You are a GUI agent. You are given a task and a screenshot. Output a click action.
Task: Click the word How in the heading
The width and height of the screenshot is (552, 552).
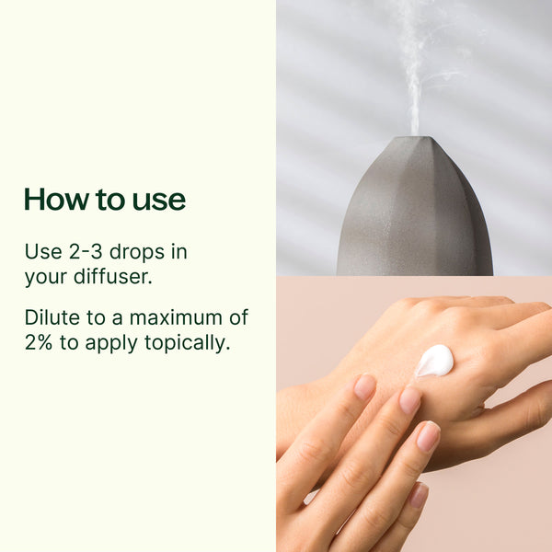[56, 200]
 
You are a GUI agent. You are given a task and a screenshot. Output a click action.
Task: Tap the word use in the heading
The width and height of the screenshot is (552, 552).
[159, 201]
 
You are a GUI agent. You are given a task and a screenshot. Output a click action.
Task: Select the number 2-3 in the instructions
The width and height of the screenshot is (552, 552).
[86, 252]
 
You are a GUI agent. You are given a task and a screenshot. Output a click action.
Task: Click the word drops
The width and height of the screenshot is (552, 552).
[137, 252]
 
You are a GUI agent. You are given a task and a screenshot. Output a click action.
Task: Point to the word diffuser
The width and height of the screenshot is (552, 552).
[113, 276]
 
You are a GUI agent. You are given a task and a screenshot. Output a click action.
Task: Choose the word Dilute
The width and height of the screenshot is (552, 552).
[52, 317]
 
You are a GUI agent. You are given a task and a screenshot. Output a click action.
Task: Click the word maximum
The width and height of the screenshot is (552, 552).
[176, 318]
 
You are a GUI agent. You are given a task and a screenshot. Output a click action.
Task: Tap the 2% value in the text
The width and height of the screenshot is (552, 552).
[39, 342]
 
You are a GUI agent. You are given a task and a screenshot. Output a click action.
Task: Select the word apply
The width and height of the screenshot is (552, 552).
[111, 343]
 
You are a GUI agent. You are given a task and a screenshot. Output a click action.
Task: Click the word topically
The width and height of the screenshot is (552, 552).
[188, 343]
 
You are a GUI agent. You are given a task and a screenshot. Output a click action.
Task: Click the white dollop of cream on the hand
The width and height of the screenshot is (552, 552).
[434, 361]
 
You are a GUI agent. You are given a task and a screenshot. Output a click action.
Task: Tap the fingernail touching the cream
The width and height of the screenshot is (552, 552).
[410, 400]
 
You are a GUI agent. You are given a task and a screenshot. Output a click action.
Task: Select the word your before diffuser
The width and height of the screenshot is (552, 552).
[46, 277]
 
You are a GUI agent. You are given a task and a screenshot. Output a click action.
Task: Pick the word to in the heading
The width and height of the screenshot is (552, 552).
[110, 201]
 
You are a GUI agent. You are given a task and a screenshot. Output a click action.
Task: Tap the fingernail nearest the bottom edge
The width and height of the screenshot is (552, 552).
[418, 495]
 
